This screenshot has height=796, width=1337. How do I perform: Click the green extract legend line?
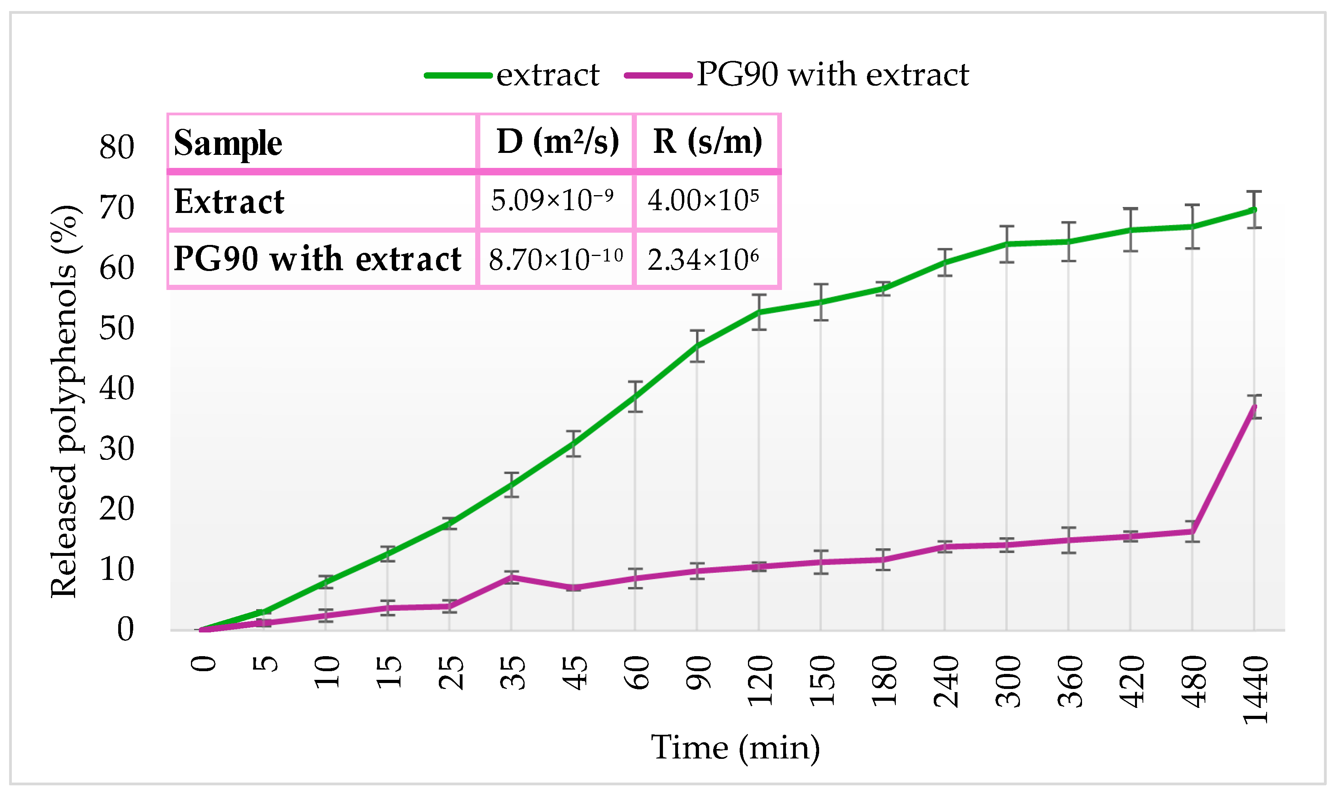point(458,75)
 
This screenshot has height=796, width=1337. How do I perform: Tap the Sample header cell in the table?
point(228,143)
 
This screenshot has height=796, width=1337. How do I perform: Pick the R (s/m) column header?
point(707,142)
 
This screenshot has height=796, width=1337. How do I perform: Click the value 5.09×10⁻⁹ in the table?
point(552,201)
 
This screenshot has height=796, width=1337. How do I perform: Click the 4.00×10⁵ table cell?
point(703,201)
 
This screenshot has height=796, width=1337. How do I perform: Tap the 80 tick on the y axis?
point(117,147)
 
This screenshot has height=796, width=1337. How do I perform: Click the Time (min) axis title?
point(735,748)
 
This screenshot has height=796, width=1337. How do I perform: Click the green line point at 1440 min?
point(1254,210)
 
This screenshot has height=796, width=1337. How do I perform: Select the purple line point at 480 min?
point(1192,532)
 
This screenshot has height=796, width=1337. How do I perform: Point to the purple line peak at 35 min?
point(512,577)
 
